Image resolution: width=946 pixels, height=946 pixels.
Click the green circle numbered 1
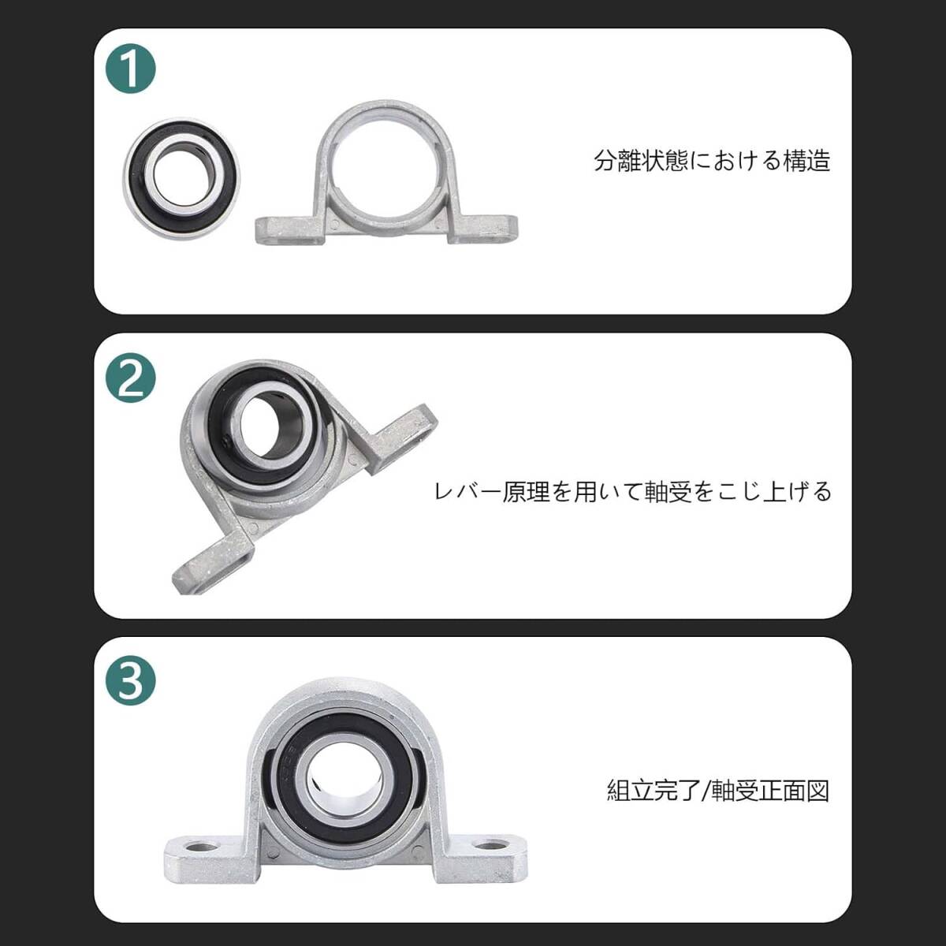[131, 69]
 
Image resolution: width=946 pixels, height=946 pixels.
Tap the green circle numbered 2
[131, 378]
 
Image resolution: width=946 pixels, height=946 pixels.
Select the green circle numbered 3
[131, 681]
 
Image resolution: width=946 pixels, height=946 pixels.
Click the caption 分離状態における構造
[712, 161]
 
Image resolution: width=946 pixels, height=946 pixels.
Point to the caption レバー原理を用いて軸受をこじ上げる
[632, 491]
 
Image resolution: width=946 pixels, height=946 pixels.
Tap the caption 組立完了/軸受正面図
[718, 791]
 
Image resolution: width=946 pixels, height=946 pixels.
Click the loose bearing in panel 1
[181, 177]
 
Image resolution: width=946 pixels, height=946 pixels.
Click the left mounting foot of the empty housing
[289, 230]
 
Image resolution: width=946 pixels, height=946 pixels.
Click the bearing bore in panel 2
[265, 420]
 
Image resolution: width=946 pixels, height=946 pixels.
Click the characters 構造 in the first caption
[806, 161]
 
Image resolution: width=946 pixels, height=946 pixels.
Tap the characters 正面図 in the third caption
[794, 791]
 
